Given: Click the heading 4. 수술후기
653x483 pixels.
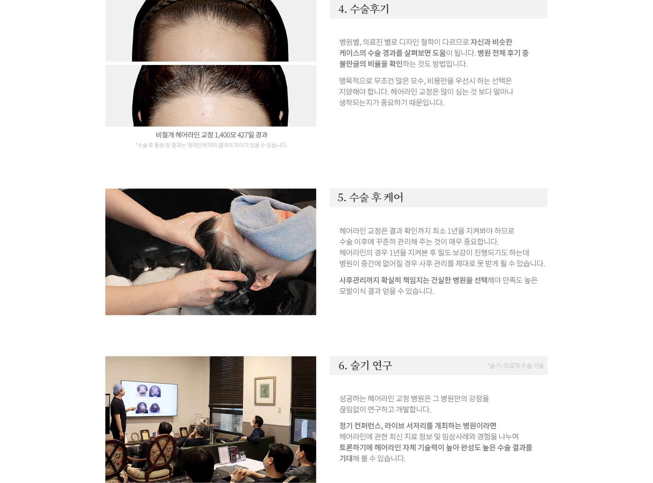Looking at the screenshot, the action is [364, 9].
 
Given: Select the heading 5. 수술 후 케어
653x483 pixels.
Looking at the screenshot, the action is [370, 197].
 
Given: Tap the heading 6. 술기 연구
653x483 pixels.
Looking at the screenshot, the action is [365, 365].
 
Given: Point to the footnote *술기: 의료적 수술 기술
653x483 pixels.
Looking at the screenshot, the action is [515, 366].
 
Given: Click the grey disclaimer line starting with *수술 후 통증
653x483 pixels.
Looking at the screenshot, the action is [211, 145].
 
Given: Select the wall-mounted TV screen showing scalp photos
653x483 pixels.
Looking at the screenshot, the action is [149, 398].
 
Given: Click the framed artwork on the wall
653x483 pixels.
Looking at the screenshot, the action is [265, 391].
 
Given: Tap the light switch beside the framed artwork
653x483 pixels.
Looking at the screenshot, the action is [280, 410].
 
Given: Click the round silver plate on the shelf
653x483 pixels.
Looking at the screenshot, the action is [135, 436].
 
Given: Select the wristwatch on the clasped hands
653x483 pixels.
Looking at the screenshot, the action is [234, 480].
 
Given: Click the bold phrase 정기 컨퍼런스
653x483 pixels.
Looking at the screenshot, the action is [361, 426].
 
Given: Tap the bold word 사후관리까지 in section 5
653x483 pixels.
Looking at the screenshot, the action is [359, 280].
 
